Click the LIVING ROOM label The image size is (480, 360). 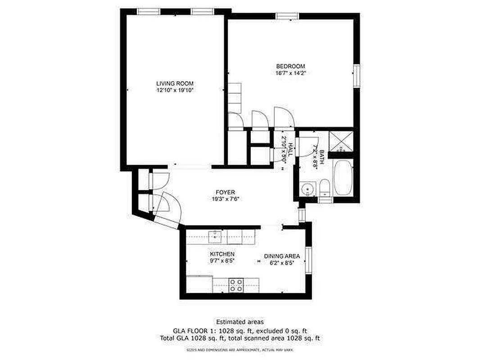[x=175, y=83]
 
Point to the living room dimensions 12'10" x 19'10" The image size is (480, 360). [x=175, y=90]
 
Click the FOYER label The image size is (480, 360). [x=225, y=192]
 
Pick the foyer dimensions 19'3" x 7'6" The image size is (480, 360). [x=225, y=199]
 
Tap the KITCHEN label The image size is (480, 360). [x=222, y=254]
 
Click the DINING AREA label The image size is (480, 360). [x=282, y=256]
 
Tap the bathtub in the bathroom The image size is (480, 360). [x=344, y=178]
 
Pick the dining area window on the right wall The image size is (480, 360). [x=308, y=260]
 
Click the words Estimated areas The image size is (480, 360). [x=240, y=322]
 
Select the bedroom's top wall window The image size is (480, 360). [x=287, y=16]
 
